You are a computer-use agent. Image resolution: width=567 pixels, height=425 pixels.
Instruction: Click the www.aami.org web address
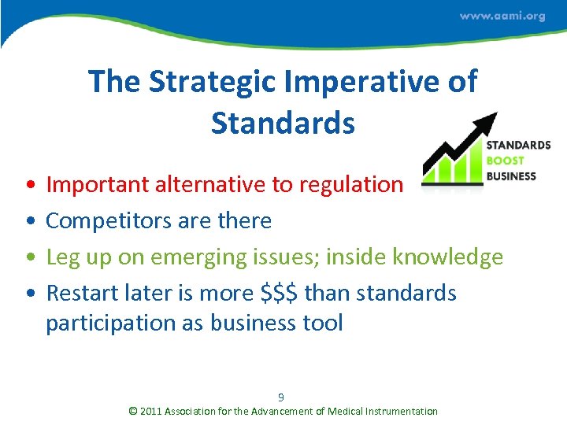pos(502,16)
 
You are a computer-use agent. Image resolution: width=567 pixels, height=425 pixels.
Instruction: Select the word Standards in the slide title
pos(283,123)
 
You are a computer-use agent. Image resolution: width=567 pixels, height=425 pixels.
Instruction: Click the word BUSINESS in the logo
pos(511,176)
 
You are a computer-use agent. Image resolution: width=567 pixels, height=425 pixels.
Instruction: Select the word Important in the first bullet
pos(97,185)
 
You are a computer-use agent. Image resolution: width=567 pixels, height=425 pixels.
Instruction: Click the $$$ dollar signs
pos(279,294)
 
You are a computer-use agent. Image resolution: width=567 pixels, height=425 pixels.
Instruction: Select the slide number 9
pos(281,397)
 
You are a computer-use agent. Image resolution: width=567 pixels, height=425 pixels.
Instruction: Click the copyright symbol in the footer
pos(132,411)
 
